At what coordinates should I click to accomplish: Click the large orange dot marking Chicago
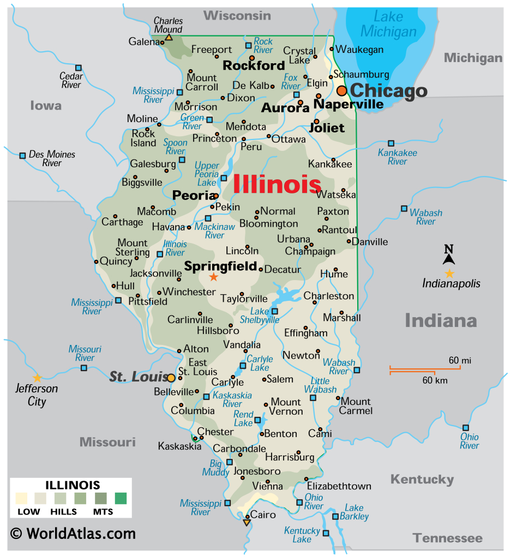tap(342, 90)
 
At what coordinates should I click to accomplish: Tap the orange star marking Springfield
tap(214, 277)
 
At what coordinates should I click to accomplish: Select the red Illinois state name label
tap(277, 184)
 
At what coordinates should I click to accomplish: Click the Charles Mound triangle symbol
tap(169, 38)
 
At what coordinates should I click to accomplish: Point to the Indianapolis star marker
tap(449, 274)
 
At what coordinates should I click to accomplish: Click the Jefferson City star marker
tap(37, 378)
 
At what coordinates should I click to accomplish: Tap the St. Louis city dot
tap(171, 378)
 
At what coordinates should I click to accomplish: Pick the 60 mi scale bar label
tap(460, 360)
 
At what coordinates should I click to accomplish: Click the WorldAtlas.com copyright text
tap(73, 532)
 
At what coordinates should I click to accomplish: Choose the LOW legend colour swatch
tap(21, 498)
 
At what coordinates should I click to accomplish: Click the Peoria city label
tap(193, 195)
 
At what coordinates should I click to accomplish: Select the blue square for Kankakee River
tap(390, 143)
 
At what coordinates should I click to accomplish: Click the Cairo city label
tap(263, 514)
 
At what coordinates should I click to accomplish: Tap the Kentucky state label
tap(422, 480)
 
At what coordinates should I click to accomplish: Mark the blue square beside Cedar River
tap(79, 68)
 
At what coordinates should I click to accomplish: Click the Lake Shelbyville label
tap(260, 316)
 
